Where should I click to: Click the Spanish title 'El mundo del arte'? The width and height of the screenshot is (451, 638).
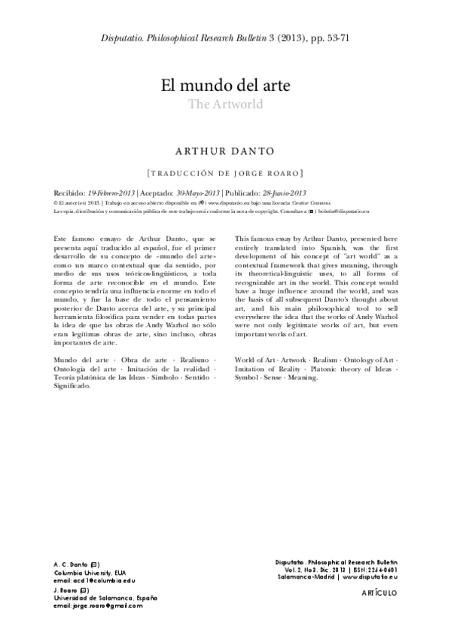pos(225,84)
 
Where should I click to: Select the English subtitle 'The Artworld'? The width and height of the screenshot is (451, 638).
pos(225,105)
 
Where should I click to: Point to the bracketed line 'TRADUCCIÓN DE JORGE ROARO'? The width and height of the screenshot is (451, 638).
pos(225,172)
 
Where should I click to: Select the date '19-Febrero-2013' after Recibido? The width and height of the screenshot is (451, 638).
pos(112,193)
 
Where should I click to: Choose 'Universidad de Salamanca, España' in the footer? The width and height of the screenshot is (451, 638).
pos(105,597)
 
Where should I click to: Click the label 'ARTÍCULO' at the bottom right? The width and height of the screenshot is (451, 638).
pos(376,593)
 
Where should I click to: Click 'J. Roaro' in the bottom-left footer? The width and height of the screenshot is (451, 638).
pos(68,589)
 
